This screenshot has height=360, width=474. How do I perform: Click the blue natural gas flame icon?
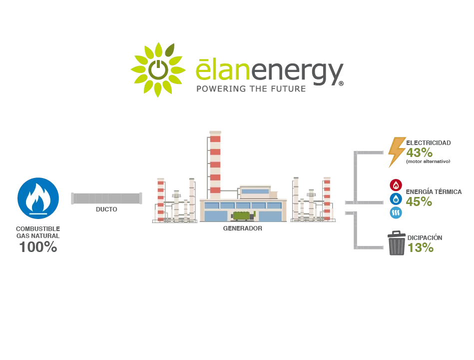[38, 198]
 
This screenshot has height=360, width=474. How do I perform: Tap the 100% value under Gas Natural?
[38, 246]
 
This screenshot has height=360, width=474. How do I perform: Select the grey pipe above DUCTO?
[106, 198]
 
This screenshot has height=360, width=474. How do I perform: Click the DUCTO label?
[106, 209]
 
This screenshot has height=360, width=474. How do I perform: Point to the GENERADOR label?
[242, 228]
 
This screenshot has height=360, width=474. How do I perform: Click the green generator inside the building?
[243, 215]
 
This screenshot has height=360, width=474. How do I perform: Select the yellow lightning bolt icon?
[397, 152]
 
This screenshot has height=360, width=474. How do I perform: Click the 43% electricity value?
[419, 152]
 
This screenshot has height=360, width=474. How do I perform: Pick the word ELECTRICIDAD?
[429, 143]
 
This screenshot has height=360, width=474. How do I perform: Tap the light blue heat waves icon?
[395, 213]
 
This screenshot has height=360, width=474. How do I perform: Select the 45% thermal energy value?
[419, 201]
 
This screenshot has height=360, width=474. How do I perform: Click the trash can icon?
[397, 243]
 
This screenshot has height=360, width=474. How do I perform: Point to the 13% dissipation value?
[420, 247]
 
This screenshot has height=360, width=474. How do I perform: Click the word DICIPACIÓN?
[425, 238]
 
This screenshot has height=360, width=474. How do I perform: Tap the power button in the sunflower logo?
[158, 69]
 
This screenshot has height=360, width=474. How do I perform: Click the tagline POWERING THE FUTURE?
[250, 89]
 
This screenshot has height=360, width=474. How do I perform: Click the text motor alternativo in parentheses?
[428, 161]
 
